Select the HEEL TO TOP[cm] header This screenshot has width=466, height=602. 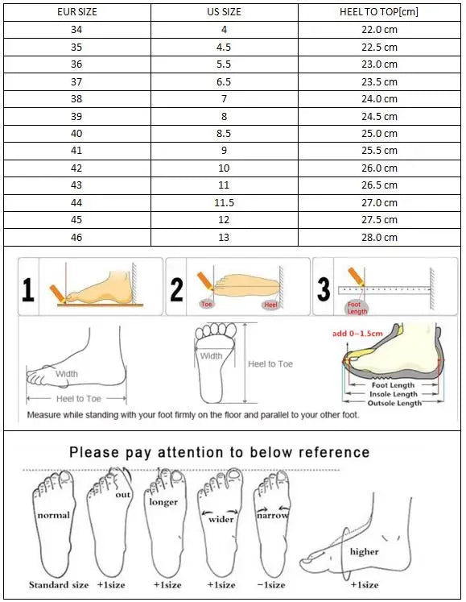(379, 12)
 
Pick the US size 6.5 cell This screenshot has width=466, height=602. (223, 81)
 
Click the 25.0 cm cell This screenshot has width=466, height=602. (379, 134)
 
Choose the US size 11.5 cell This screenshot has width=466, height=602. (223, 203)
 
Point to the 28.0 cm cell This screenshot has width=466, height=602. (379, 238)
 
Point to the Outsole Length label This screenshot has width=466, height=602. (394, 403)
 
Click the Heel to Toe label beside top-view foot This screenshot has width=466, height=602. (270, 364)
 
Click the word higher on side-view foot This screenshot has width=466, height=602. (364, 552)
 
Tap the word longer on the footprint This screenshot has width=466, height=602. (163, 502)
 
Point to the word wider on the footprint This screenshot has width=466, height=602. (221, 519)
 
